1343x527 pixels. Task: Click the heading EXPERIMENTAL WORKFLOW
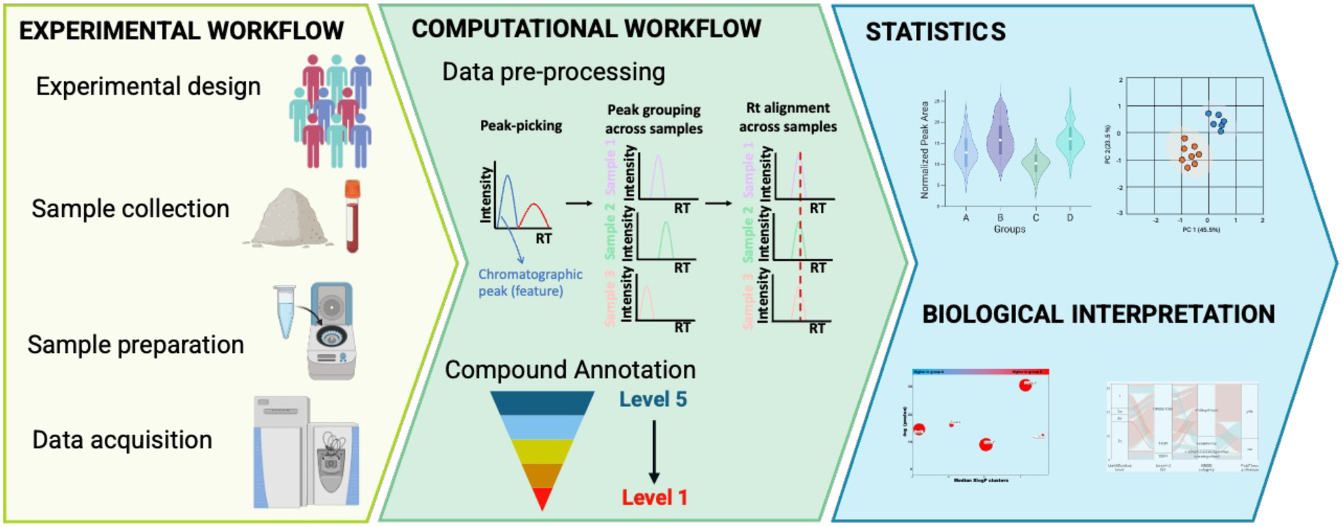pos(181,31)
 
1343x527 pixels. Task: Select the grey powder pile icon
pos(288,219)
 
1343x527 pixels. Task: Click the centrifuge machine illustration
pos(331,331)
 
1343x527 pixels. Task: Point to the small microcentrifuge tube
pos(286,311)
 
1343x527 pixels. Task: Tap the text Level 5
pos(653,399)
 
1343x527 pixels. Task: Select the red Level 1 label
pos(654,498)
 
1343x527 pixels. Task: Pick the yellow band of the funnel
pos(542,451)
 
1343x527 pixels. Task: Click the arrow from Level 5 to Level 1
pos(654,452)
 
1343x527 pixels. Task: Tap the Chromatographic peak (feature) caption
pos(529,283)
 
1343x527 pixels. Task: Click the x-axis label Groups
pos(1009,229)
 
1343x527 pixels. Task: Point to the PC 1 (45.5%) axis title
pos(1201,230)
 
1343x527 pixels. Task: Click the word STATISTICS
pos(936,31)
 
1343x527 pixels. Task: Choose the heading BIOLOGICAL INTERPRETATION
pos(1098,314)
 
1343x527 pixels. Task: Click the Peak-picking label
pos(521,126)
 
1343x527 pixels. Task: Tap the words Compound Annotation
pos(570,370)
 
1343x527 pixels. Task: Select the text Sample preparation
pos(136,345)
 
